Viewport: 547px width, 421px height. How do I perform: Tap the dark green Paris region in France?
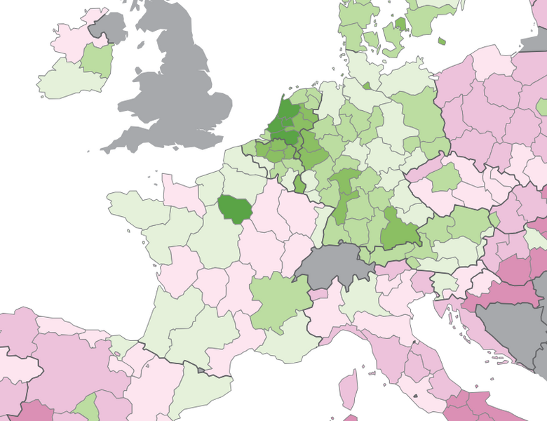234,209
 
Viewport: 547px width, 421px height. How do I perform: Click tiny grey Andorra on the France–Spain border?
202,369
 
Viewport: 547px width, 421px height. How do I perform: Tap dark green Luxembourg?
299,185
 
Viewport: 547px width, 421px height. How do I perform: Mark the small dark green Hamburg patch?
367,86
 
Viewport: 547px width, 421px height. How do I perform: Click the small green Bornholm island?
442,41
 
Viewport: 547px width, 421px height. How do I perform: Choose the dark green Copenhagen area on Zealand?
400,24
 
